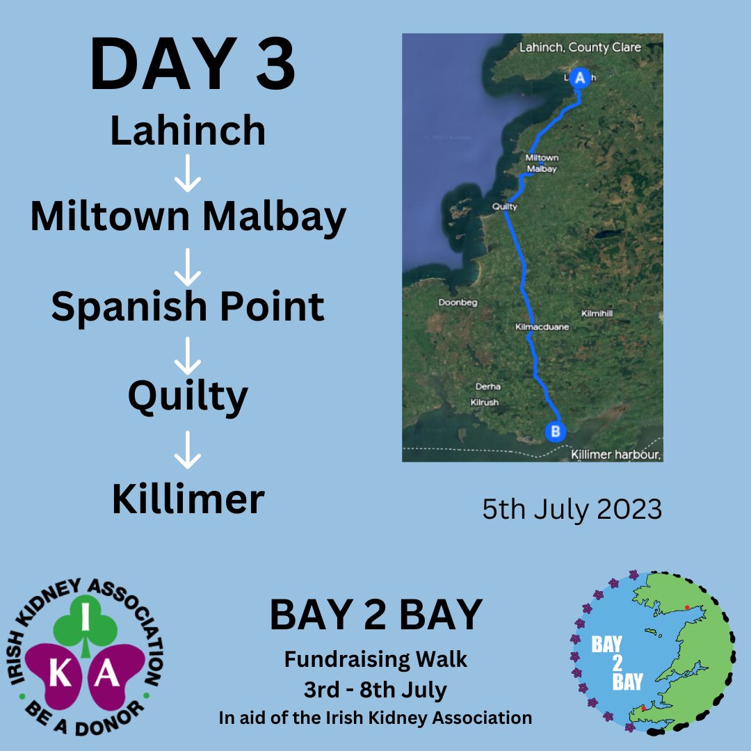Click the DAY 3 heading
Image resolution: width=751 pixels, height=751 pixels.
point(193,66)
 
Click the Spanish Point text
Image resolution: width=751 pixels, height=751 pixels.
point(188,306)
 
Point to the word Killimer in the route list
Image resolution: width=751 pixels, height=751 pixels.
point(188,499)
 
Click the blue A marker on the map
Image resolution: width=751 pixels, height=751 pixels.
point(579,78)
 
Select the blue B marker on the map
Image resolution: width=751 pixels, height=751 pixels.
point(555,432)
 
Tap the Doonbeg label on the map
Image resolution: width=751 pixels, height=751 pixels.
point(457,302)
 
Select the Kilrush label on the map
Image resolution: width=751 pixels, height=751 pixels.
point(484,402)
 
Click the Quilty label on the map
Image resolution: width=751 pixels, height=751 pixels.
point(504,207)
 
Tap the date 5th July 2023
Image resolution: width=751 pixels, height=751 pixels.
point(572,510)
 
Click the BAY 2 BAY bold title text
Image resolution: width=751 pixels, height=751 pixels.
point(375,615)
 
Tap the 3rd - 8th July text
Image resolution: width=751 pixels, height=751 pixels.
point(375,691)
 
